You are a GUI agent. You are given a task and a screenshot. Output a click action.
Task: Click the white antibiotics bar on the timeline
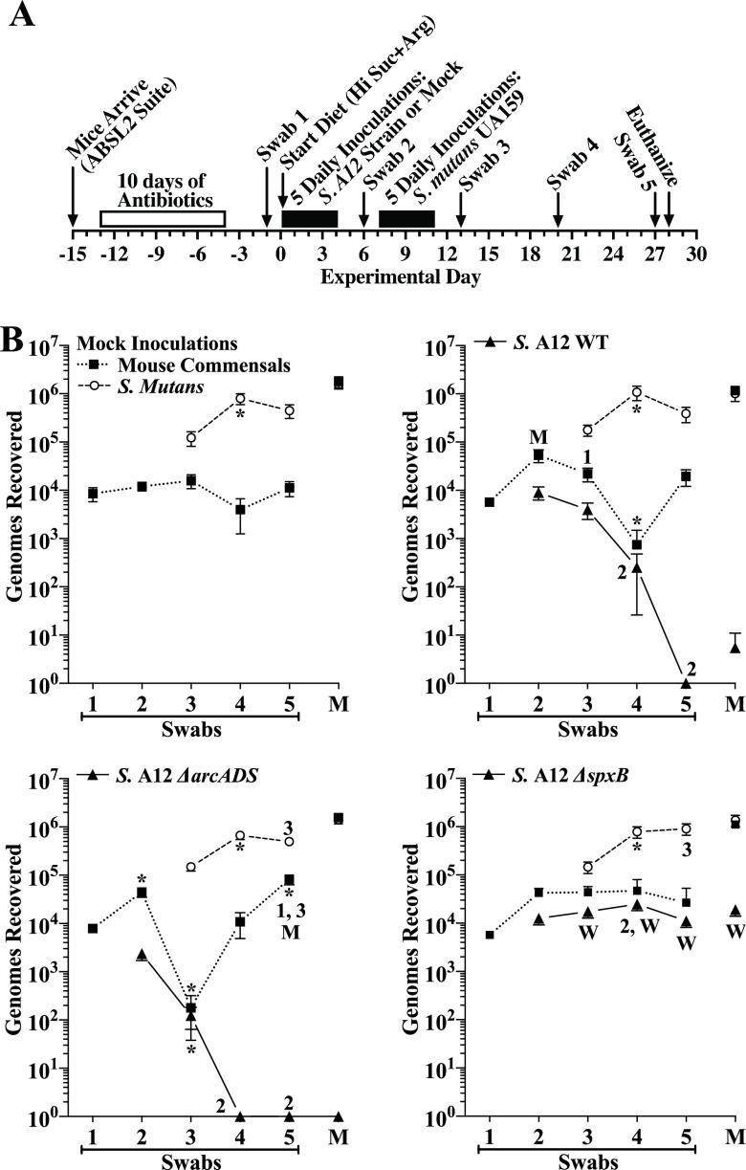(162, 218)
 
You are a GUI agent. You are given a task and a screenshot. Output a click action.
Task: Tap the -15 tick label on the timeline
(73, 254)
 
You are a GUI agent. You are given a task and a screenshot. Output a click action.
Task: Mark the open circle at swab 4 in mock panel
(240, 399)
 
